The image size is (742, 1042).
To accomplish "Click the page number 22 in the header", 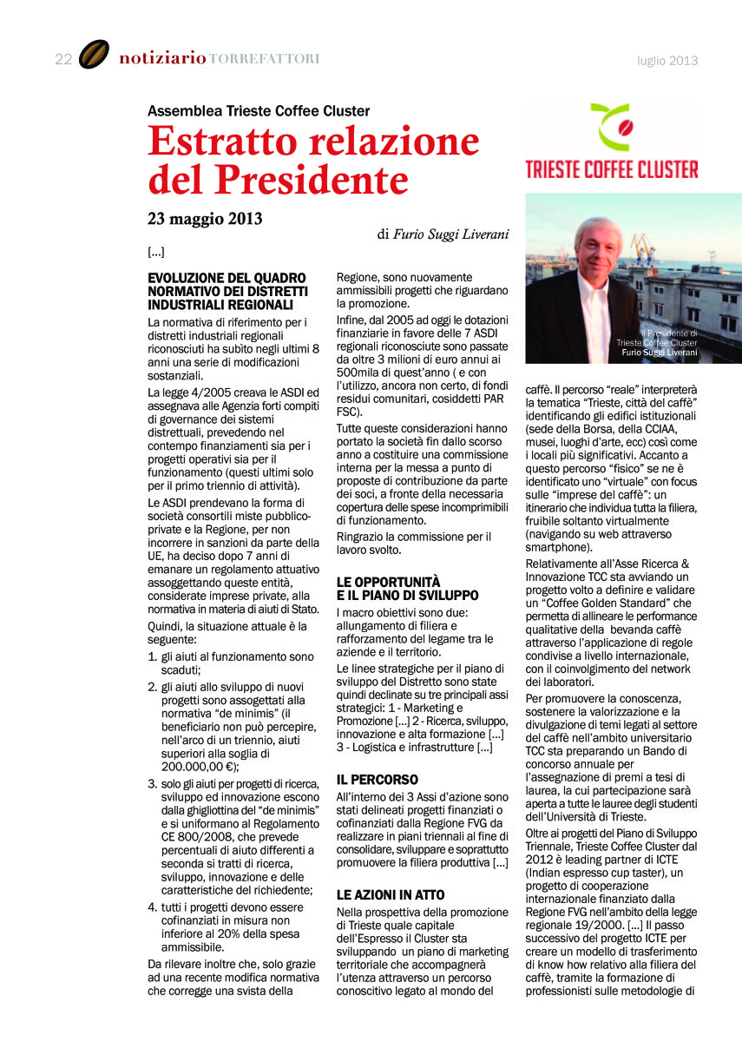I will (x=62, y=59).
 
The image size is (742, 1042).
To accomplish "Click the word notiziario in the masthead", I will (x=162, y=59).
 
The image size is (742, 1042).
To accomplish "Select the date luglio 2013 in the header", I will (x=667, y=61).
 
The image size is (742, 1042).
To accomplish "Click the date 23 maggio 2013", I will (x=205, y=218).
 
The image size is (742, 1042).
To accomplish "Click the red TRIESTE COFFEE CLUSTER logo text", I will (x=612, y=168).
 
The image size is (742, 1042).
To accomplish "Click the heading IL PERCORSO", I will (x=377, y=780).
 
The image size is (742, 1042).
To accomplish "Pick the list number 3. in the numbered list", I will (x=152, y=784).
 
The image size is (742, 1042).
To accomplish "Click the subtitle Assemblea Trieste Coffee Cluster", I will (x=259, y=111).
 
